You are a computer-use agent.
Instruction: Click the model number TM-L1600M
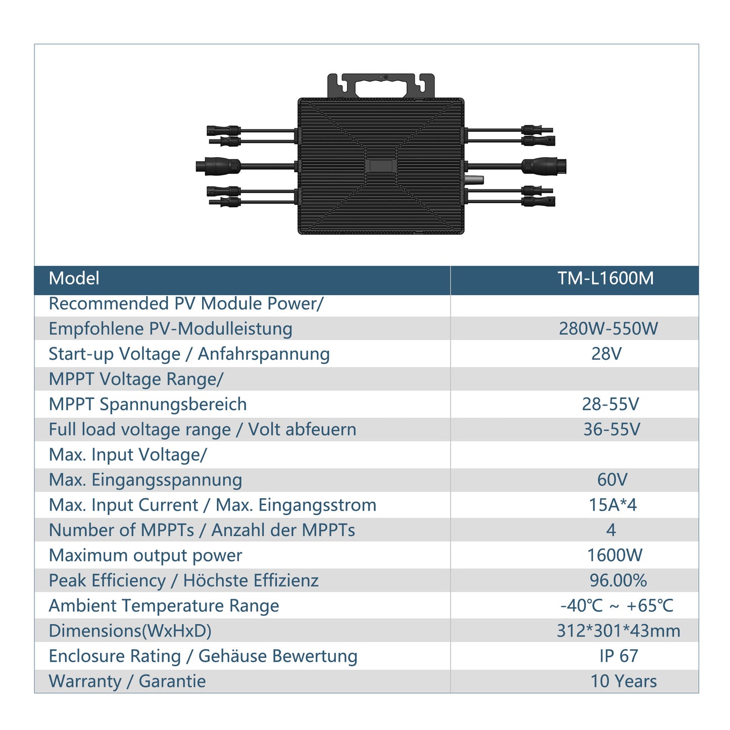[x=605, y=278]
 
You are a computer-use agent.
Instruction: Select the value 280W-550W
[x=608, y=328]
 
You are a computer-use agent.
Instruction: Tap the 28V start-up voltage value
[x=606, y=354]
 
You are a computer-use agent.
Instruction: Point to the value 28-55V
[x=610, y=404]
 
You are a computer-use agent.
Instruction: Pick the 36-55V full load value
[x=611, y=429]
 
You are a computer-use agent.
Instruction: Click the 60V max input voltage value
[x=612, y=480]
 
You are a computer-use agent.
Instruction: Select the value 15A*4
[x=612, y=505]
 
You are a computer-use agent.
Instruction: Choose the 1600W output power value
[x=614, y=555]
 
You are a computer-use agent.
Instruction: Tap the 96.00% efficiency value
[x=618, y=580]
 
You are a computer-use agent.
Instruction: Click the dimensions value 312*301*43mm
[x=618, y=631]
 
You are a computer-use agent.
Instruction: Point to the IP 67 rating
[x=619, y=656]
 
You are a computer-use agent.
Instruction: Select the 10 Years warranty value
[x=623, y=682]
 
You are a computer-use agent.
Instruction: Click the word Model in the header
[x=74, y=278]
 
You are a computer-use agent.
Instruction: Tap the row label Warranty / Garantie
[x=127, y=682]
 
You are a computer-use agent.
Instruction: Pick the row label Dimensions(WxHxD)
[x=130, y=631]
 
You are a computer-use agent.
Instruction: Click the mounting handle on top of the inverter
[x=381, y=85]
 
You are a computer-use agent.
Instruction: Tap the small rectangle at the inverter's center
[x=381, y=166]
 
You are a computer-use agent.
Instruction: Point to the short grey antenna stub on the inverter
[x=474, y=179]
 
